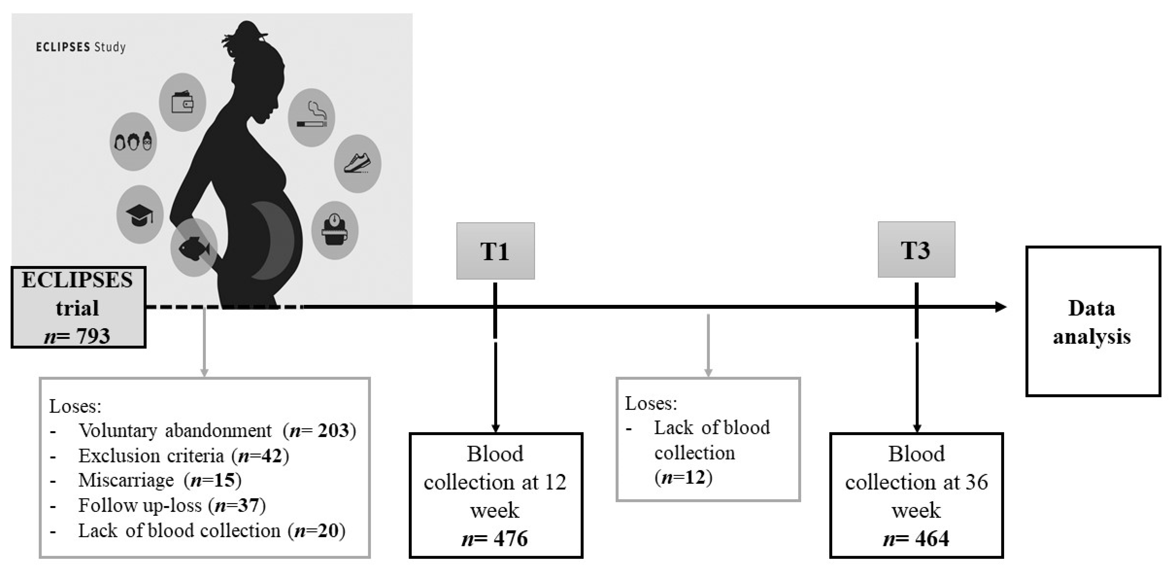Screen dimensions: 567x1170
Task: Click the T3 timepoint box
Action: [x=916, y=250]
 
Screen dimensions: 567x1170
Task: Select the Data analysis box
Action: [x=1093, y=321]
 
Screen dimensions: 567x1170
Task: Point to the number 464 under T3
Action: [x=932, y=539]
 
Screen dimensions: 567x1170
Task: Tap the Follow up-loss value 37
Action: [x=248, y=505]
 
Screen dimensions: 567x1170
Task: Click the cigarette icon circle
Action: [x=312, y=117]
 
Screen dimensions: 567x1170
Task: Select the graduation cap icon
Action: [x=139, y=215]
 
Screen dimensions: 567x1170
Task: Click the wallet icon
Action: [x=182, y=102]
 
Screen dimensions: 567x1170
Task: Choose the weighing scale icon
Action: [x=335, y=230]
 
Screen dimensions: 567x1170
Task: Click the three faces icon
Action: [x=133, y=142]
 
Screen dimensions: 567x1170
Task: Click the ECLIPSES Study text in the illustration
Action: [x=80, y=47]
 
